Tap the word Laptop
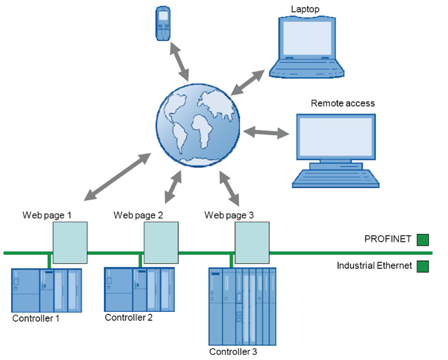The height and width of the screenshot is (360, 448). click(305, 9)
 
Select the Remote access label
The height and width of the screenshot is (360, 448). click(343, 104)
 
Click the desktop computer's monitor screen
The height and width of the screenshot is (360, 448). click(335, 138)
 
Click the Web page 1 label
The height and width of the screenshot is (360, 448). click(47, 214)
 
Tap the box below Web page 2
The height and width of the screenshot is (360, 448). click(161, 242)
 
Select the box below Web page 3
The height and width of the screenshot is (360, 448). click(252, 242)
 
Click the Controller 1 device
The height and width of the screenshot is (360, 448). click(46, 290)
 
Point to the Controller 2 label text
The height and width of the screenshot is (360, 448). click(129, 317)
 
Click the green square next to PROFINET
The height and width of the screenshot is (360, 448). click(423, 240)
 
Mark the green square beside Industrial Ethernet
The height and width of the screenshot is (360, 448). click(423, 266)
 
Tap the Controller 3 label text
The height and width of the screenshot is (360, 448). click(233, 352)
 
